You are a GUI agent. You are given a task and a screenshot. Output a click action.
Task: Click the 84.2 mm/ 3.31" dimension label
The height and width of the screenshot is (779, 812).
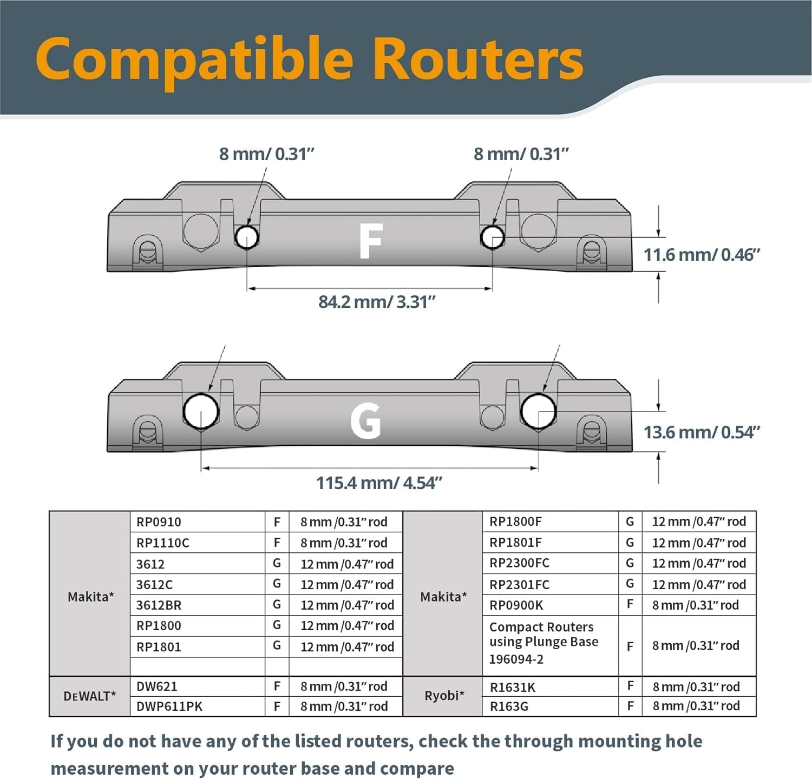(377, 302)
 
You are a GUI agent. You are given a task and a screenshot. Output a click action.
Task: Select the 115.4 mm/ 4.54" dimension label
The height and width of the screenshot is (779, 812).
(379, 483)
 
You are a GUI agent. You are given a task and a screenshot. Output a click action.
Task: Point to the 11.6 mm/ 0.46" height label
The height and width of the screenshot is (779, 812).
(702, 255)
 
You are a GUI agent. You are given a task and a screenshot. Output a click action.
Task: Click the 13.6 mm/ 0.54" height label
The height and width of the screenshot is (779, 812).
(702, 433)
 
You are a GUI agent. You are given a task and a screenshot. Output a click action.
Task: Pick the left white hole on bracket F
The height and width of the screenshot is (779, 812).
(246, 237)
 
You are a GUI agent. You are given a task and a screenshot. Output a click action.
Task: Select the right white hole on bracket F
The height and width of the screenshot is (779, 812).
(493, 237)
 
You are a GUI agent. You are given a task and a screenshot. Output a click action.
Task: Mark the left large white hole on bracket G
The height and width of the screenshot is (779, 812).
(201, 412)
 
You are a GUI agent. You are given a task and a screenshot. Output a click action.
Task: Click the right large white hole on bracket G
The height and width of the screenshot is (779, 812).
(538, 412)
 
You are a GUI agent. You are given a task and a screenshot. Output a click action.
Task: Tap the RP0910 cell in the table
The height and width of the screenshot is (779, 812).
(198, 522)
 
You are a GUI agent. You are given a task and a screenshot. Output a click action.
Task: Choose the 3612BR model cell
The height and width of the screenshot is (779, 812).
(198, 605)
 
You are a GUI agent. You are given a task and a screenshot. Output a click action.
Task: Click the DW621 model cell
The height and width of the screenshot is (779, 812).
(198, 686)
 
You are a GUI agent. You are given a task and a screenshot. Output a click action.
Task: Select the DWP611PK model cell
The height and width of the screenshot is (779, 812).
(198, 707)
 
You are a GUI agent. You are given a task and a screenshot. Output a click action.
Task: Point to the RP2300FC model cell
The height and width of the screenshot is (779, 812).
(551, 563)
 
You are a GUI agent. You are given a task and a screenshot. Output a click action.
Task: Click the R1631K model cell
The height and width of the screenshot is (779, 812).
(551, 687)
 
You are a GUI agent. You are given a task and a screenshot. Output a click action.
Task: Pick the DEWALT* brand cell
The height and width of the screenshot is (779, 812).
(90, 696)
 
